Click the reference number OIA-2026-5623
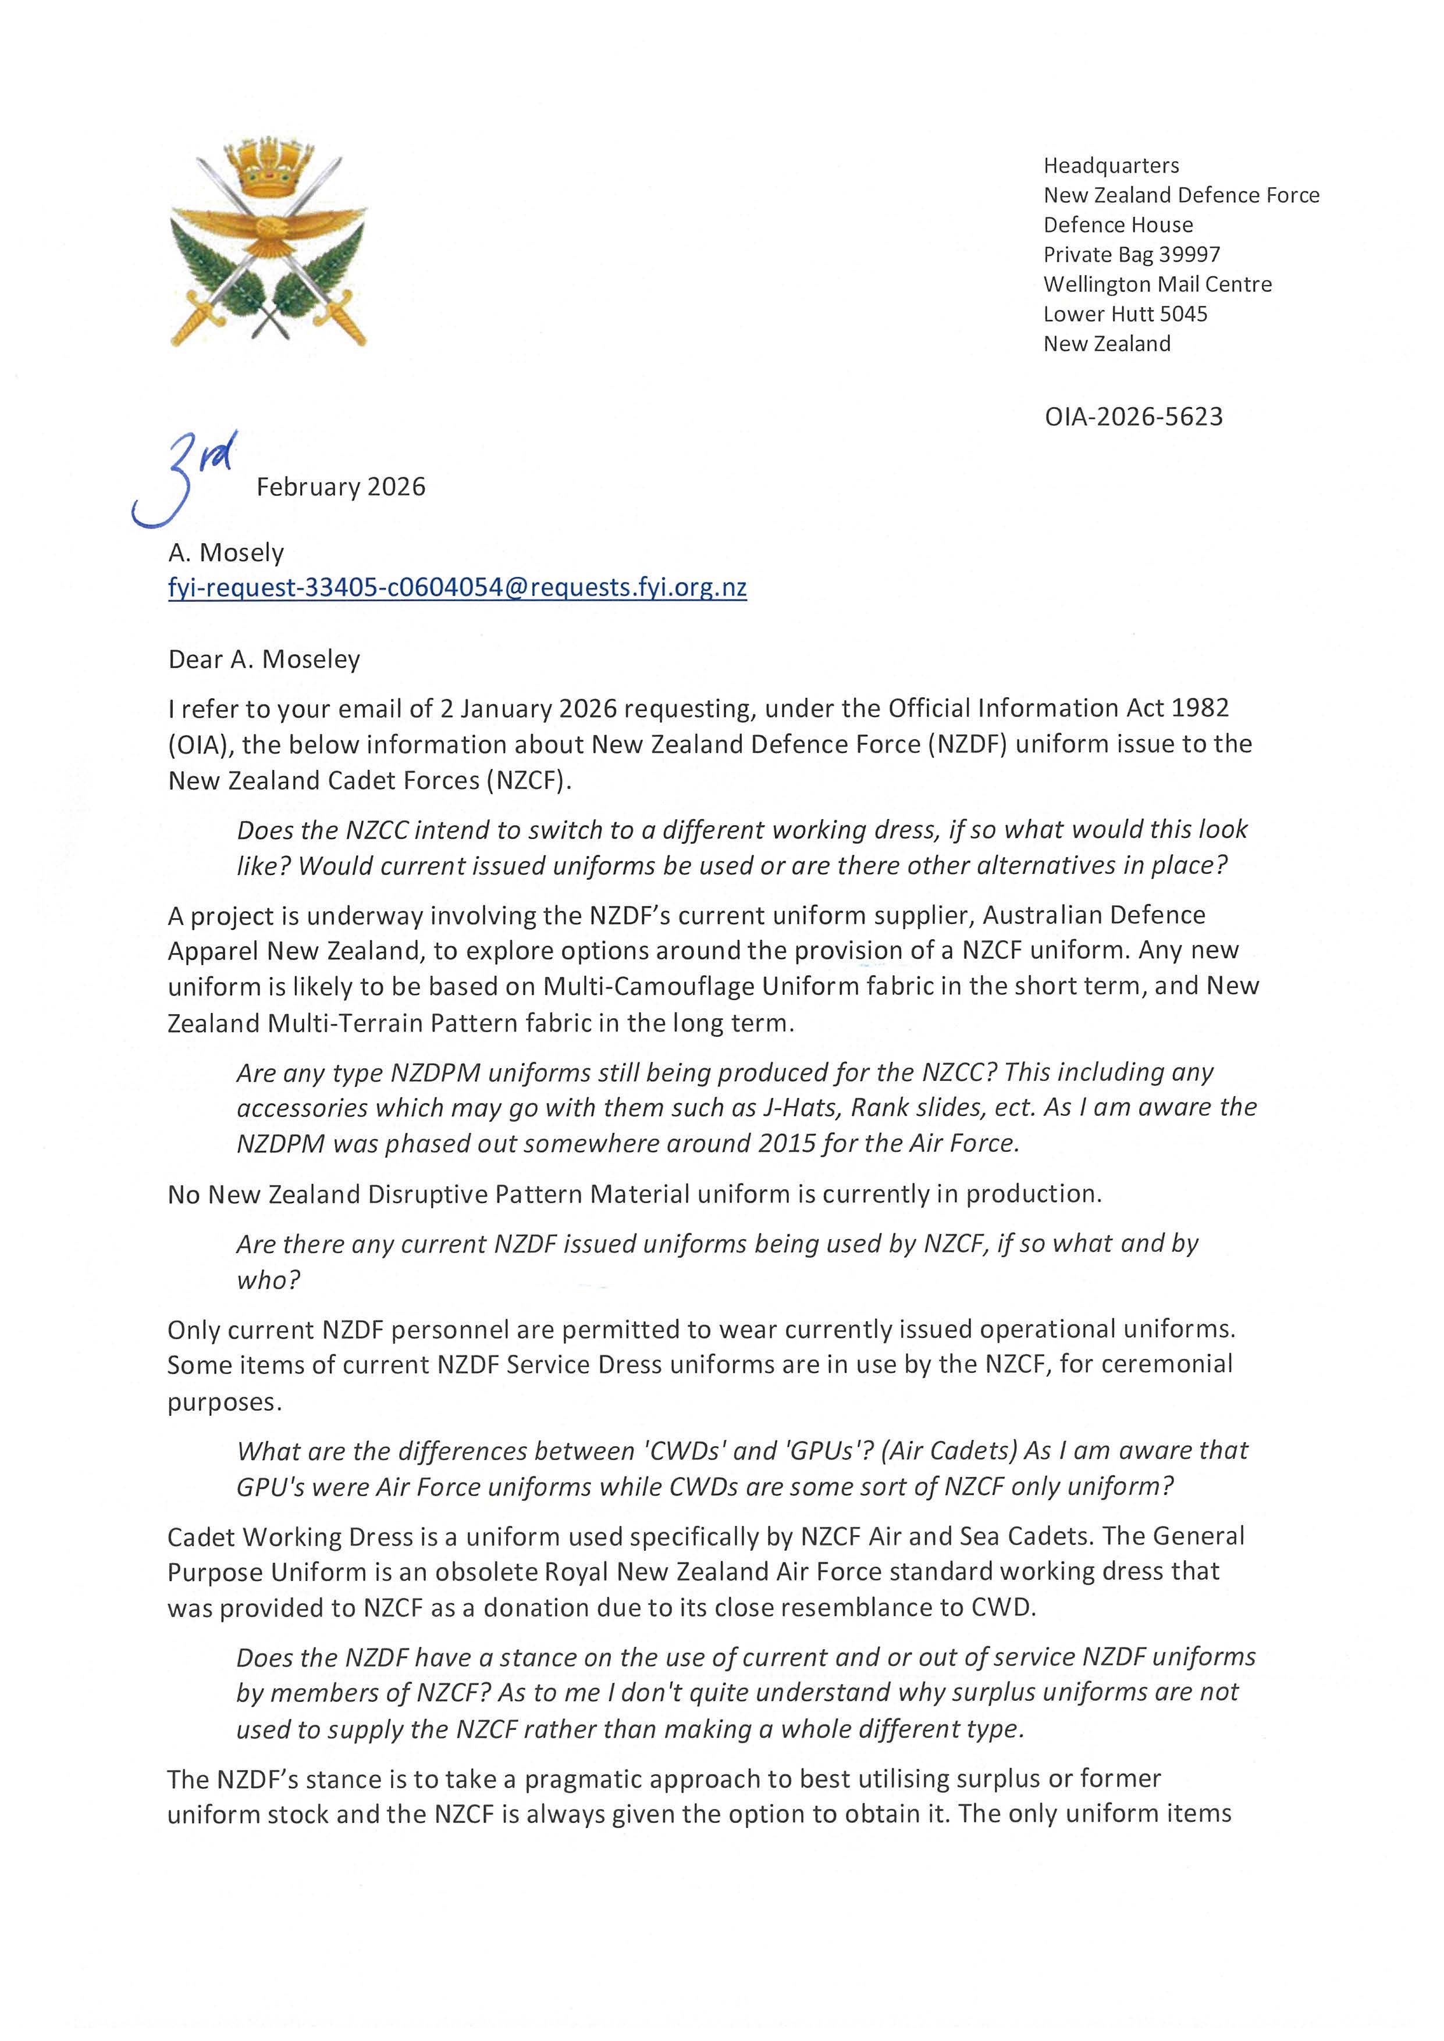[x=1134, y=417]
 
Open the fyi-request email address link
[x=457, y=588]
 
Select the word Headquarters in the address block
[x=1111, y=165]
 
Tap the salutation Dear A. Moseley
[x=264, y=659]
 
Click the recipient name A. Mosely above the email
[x=226, y=553]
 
